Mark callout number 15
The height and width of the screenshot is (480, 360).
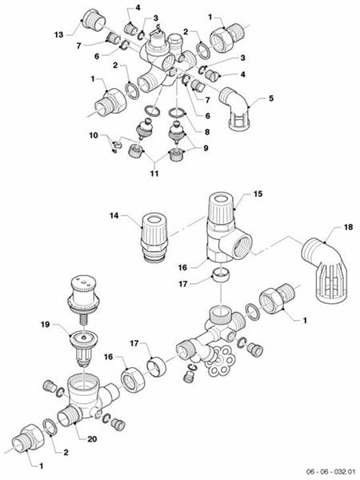(x=258, y=194)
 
